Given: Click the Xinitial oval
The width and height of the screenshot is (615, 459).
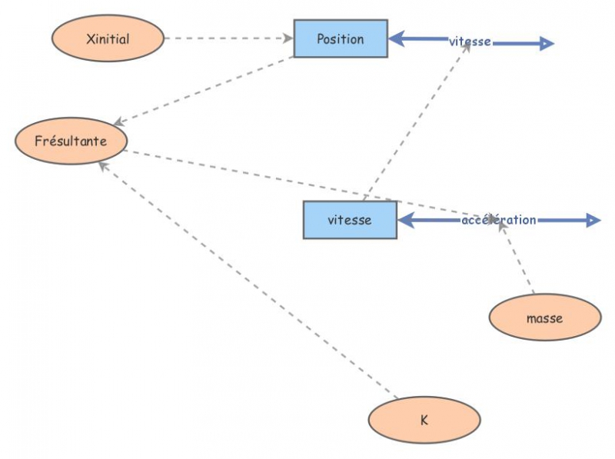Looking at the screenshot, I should click(108, 38).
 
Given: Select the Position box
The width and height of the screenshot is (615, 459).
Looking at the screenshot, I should click(341, 39).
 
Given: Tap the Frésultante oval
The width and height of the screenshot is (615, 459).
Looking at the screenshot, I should click(71, 141).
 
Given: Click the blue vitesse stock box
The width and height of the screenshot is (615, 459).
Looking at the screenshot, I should click(350, 220).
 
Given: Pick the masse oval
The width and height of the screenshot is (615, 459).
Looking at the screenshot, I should click(544, 318).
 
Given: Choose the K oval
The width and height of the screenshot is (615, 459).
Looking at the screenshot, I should click(424, 420).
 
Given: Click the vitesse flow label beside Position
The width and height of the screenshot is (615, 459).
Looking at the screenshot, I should click(470, 42).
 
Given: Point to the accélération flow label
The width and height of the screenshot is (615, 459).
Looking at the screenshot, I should click(499, 220).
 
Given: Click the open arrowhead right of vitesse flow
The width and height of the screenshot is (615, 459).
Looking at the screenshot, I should click(546, 44).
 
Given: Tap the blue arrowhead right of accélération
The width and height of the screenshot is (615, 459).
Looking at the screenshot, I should click(593, 221).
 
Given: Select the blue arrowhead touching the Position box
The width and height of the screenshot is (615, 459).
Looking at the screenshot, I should click(397, 38).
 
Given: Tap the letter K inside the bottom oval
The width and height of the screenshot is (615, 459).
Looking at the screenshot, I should click(424, 420).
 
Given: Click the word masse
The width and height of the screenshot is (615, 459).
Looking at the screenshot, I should click(544, 318).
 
